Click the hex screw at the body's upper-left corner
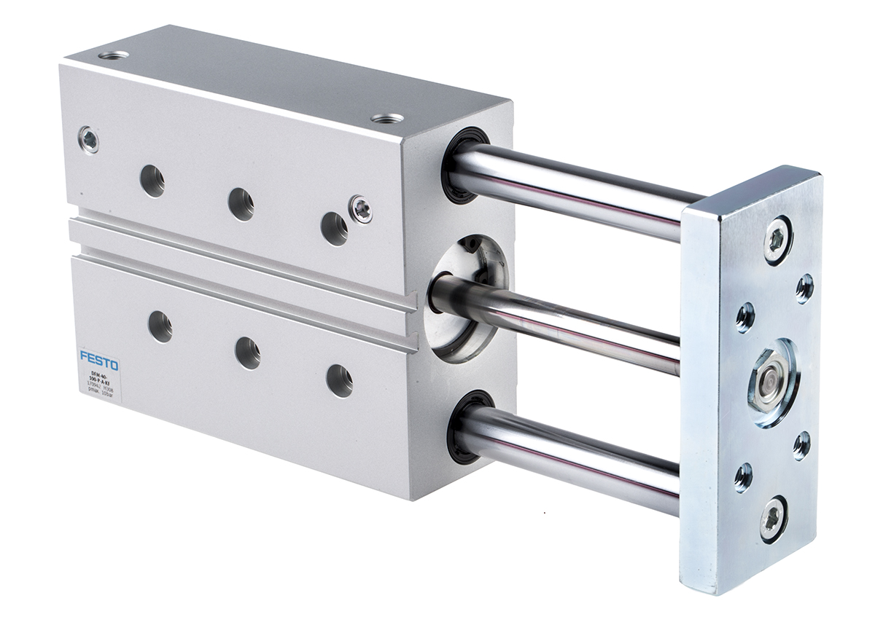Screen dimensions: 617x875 point(89,139)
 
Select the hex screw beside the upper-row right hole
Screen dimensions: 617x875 point(360,208)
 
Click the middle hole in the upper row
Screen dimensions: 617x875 point(241,203)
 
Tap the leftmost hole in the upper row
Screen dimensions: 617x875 point(152,180)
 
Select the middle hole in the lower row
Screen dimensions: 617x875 point(248,353)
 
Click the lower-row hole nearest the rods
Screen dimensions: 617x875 point(339,380)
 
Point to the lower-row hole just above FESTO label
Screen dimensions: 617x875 point(160,326)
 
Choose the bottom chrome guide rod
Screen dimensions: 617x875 point(576,452)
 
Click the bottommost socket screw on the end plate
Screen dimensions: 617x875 point(773,518)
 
